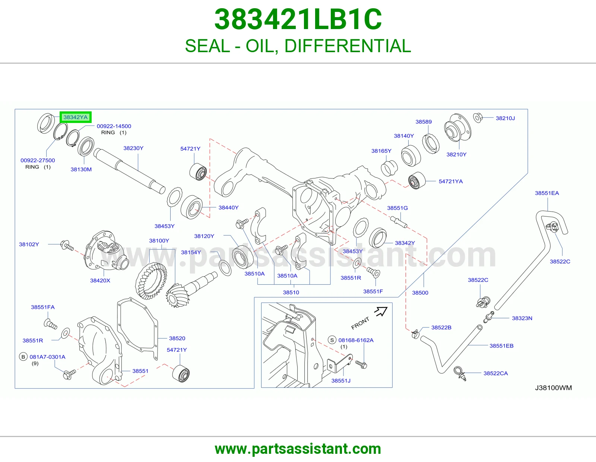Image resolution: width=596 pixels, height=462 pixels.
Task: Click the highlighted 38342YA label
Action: pyautogui.click(x=75, y=117)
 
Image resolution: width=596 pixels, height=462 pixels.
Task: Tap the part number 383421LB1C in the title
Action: pyautogui.click(x=298, y=19)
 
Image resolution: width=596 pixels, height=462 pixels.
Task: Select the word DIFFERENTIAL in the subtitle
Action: pyautogui.click(x=348, y=46)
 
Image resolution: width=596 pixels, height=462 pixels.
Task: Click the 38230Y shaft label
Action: pyautogui.click(x=133, y=148)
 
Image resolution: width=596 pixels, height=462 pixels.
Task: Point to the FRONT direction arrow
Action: pyautogui.click(x=381, y=311)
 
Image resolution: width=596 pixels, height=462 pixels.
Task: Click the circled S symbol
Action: pyautogui.click(x=332, y=340)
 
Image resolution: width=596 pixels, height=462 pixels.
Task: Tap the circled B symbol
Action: pyautogui.click(x=23, y=357)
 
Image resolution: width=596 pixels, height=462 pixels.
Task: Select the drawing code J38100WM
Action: pyautogui.click(x=553, y=387)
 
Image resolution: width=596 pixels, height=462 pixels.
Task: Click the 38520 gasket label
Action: pyautogui.click(x=177, y=338)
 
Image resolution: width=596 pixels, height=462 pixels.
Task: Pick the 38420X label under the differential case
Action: pyautogui.click(x=100, y=281)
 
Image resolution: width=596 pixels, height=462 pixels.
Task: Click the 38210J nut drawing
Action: pyautogui.click(x=478, y=118)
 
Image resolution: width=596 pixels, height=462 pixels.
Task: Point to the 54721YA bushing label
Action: pyautogui.click(x=451, y=181)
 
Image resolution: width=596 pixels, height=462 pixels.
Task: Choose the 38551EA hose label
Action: pyautogui.click(x=547, y=193)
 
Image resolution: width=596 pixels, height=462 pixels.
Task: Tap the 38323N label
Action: pyautogui.click(x=522, y=318)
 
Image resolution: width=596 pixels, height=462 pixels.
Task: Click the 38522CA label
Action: pyautogui.click(x=496, y=373)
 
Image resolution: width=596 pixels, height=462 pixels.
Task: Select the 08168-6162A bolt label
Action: pyautogui.click(x=356, y=340)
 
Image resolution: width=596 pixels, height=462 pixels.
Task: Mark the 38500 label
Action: pyautogui.click(x=420, y=293)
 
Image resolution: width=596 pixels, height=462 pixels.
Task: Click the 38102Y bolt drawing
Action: pyautogui.click(x=67, y=245)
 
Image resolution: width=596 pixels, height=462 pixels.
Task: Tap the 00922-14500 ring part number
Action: pyautogui.click(x=114, y=126)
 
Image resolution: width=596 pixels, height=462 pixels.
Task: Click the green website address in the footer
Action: pyautogui.click(x=298, y=449)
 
